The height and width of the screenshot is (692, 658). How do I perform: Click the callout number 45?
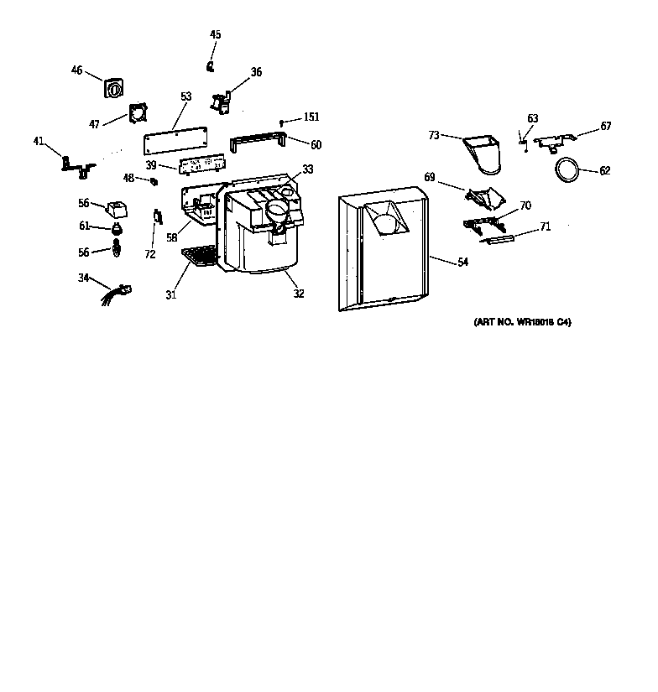(x=216, y=34)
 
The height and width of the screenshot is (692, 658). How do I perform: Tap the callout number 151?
(x=311, y=117)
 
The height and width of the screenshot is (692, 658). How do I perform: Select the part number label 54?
(x=462, y=263)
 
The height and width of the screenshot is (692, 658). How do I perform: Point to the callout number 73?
(x=434, y=134)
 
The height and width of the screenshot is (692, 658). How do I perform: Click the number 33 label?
(x=308, y=169)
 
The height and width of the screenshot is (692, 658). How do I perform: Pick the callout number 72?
(x=150, y=254)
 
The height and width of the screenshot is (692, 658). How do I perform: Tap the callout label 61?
(x=85, y=226)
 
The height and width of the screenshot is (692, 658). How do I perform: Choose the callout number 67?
(x=606, y=127)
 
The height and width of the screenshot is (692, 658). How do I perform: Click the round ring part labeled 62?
(x=567, y=169)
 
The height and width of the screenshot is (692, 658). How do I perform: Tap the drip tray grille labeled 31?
(x=199, y=255)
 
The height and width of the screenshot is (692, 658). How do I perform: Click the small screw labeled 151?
(x=283, y=122)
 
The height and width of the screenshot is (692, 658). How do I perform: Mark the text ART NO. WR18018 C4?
(x=517, y=322)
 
